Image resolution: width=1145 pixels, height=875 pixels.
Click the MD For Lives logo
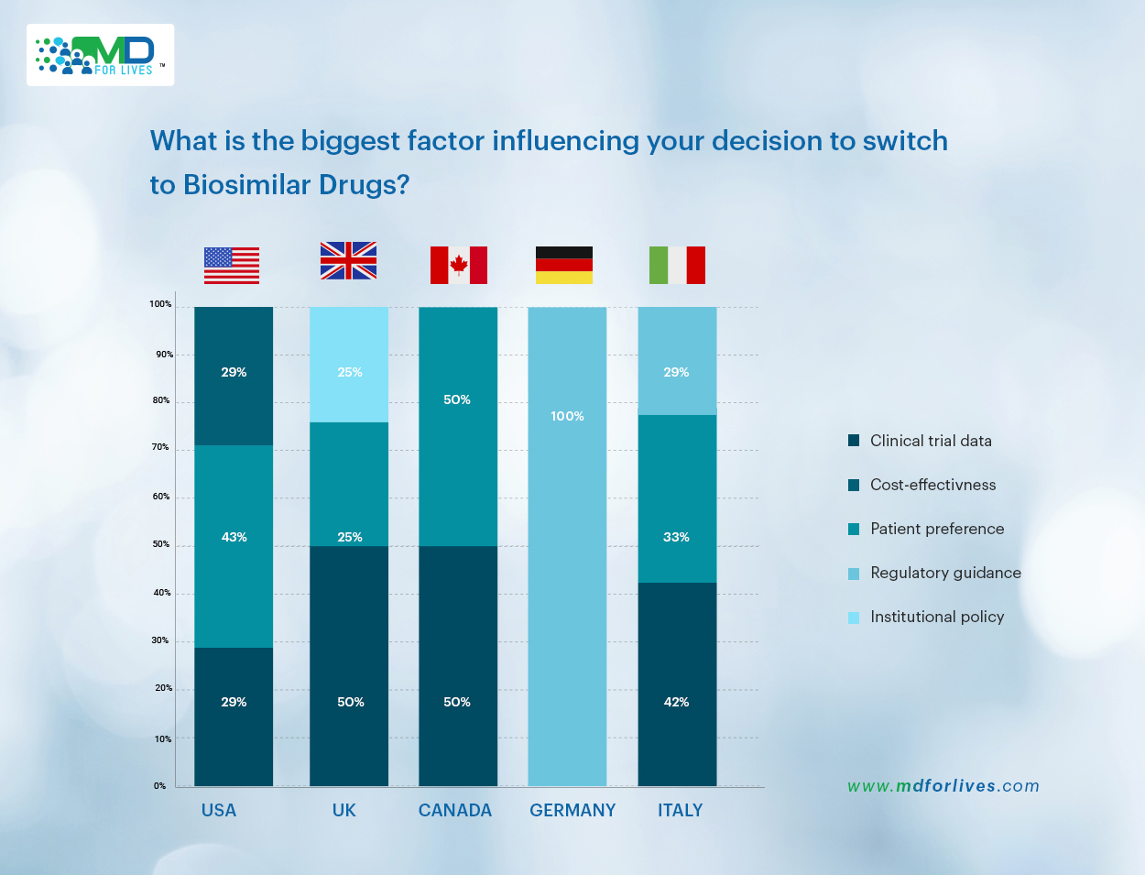coord(100,55)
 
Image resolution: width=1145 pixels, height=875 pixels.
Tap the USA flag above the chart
coord(232,266)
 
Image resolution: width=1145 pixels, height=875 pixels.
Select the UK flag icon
coord(348,261)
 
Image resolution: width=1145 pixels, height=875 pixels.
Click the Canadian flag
coord(459,266)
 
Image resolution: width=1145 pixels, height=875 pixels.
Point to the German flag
coord(564,266)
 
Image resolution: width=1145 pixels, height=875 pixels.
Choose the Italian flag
coord(677,266)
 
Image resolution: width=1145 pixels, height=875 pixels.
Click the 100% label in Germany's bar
coord(567,416)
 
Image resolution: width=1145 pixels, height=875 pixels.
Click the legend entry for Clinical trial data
coord(930,441)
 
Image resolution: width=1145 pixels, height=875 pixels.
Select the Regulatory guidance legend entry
coord(944,573)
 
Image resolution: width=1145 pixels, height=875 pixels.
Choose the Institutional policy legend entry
coord(936,617)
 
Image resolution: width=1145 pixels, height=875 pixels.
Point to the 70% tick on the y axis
coord(160,447)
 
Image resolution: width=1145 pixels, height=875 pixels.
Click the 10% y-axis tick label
coord(162,738)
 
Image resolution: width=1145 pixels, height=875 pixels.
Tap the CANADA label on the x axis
coord(455,810)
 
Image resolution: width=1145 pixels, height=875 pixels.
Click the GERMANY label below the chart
coord(572,810)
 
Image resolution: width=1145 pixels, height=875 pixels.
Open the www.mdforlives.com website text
coord(943,785)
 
